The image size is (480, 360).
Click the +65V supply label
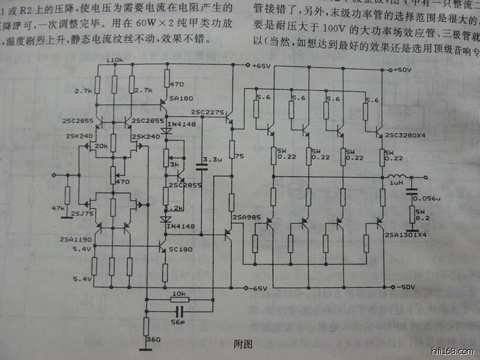[x=260, y=66]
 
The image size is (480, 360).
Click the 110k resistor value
[x=115, y=60]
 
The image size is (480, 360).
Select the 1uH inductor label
[x=397, y=183]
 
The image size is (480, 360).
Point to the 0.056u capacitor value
[x=426, y=199]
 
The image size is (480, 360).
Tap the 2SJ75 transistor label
[x=82, y=213]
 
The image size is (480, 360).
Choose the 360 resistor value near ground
[x=153, y=340]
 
